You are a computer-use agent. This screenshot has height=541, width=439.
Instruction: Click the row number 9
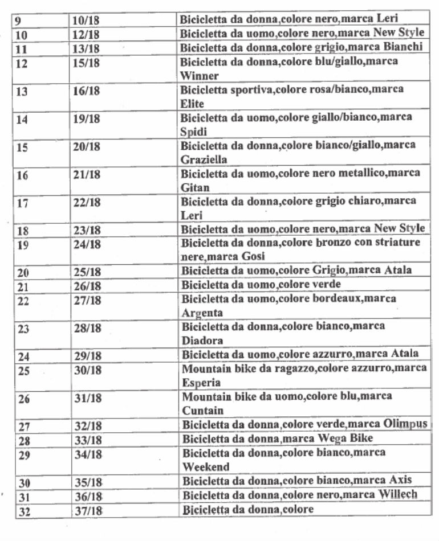tap(18, 21)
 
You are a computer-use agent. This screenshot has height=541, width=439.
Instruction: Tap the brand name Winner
tap(196, 76)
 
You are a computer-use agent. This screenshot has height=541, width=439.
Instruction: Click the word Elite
tap(192, 104)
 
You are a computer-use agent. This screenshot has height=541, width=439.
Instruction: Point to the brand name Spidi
tap(193, 132)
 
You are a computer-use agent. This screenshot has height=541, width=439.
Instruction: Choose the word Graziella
tap(204, 159)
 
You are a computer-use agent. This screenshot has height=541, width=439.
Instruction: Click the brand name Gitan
tap(195, 187)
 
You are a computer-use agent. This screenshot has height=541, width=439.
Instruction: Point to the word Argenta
tap(202, 313)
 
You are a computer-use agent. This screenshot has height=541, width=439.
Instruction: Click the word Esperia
tap(201, 383)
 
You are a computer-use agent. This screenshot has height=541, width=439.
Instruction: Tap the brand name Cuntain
tap(202, 411)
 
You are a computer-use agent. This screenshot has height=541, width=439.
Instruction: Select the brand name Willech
tap(398, 495)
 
